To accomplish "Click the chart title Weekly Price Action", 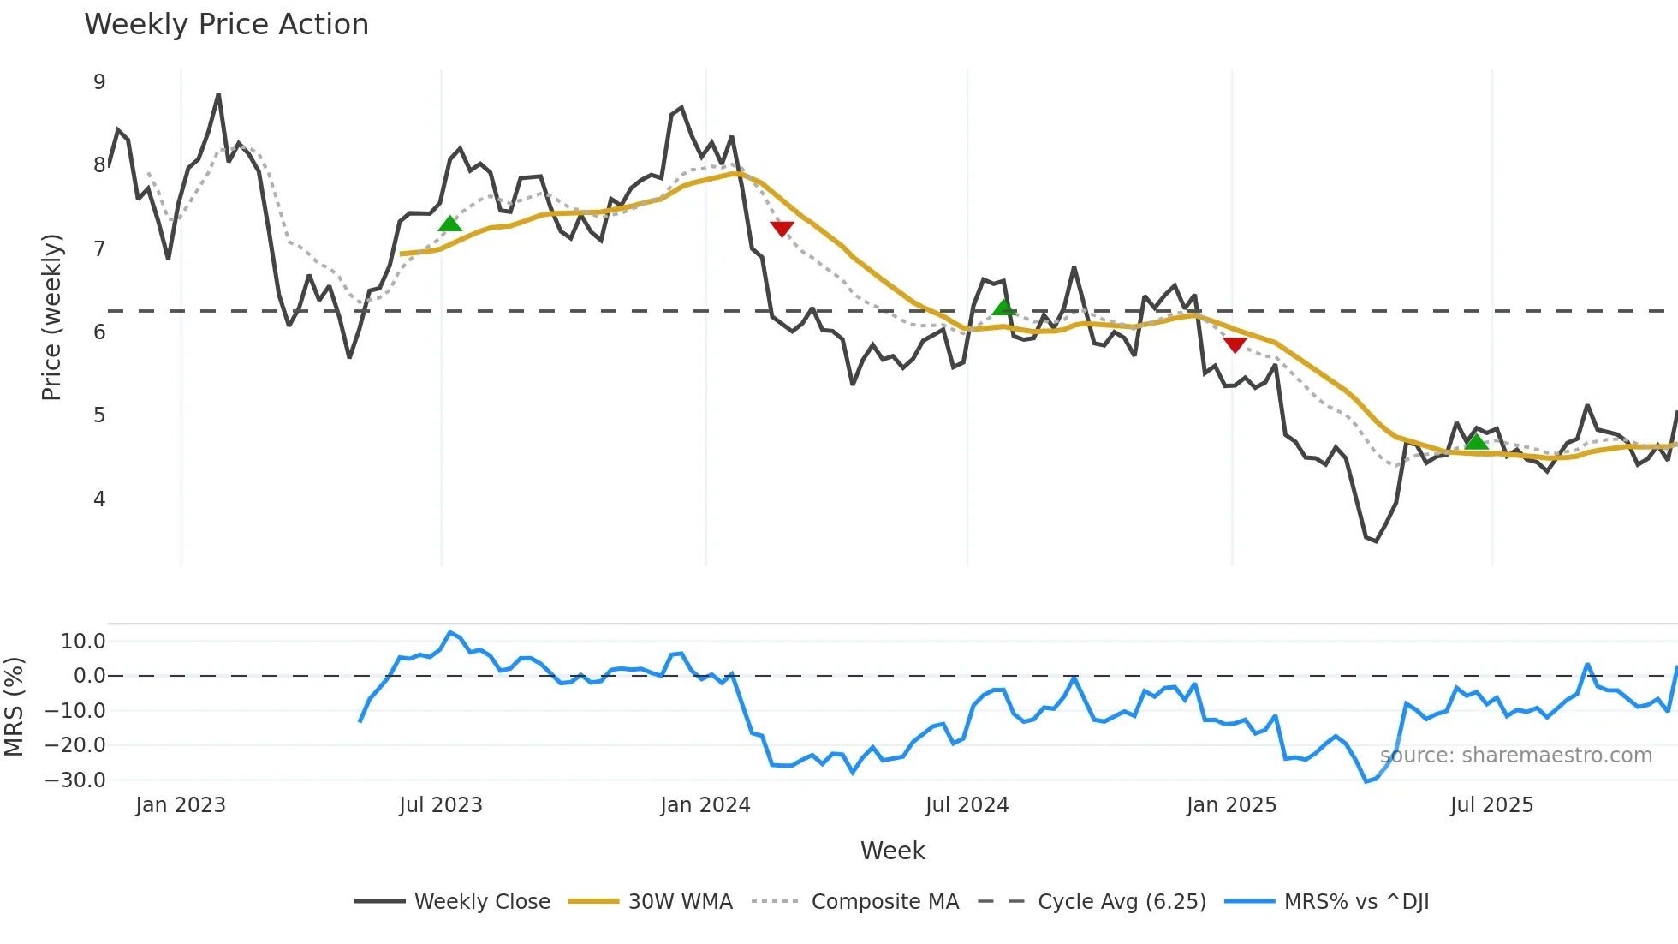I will [x=226, y=25].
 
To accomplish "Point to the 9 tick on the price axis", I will [x=99, y=82].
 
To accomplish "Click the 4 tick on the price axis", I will [x=99, y=499].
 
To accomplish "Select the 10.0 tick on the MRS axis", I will [x=83, y=642].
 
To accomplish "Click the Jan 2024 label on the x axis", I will [x=705, y=805].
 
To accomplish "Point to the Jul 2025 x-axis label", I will [x=1491, y=805].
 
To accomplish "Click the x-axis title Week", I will [x=892, y=851].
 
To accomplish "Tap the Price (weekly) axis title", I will [x=51, y=317].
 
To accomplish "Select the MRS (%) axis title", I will [x=14, y=707].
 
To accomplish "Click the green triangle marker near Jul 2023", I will [x=450, y=224].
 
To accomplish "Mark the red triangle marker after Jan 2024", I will [x=782, y=229].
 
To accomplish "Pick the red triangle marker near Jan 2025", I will [x=1235, y=345].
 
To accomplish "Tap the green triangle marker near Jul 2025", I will [x=1476, y=442].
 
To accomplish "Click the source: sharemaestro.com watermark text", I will [x=1515, y=756].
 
